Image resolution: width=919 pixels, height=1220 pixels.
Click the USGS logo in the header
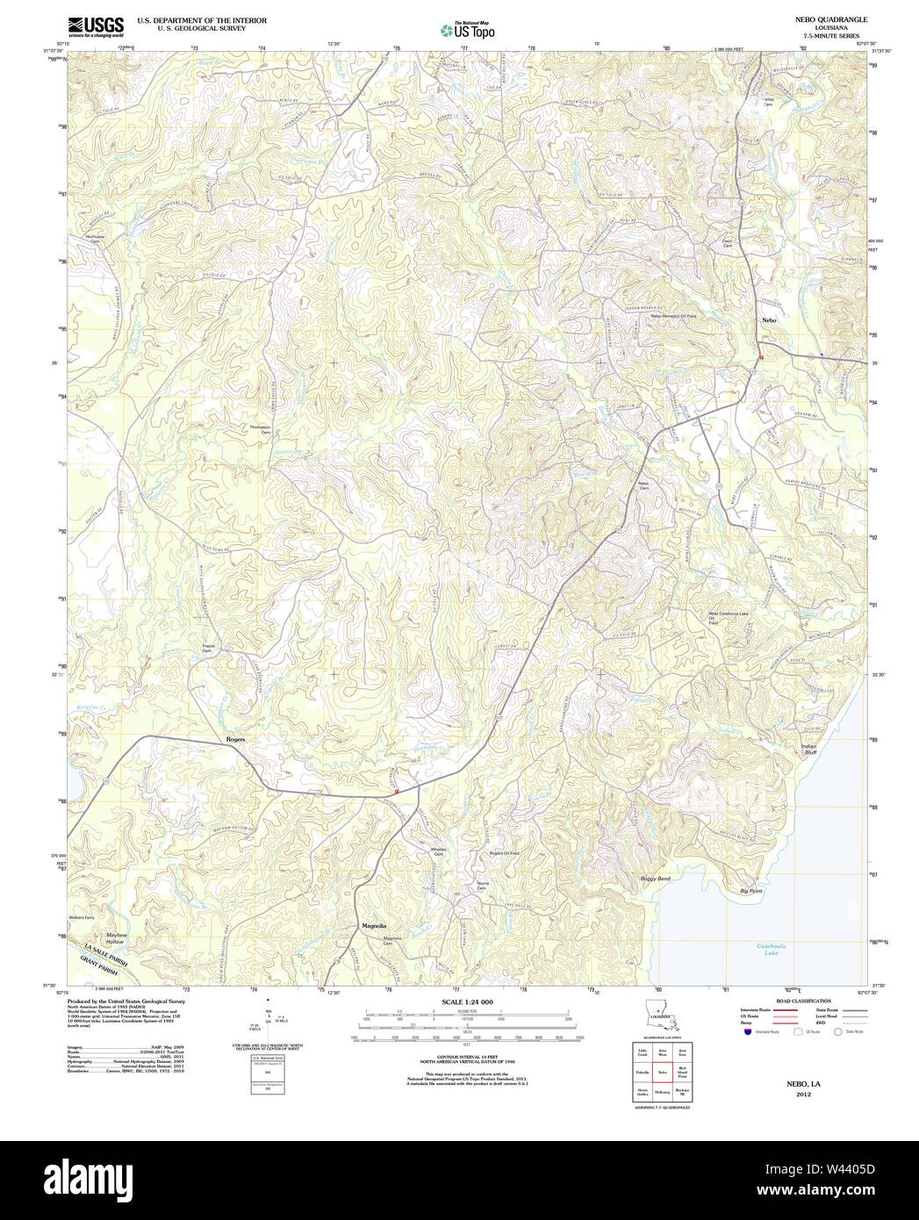point(96,25)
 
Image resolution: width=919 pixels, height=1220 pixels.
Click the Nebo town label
point(769,320)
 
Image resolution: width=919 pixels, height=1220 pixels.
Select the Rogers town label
point(235,739)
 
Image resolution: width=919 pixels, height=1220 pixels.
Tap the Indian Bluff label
point(808,750)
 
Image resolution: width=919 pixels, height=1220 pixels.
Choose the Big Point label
point(750,890)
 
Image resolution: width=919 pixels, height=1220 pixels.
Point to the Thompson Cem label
point(260,429)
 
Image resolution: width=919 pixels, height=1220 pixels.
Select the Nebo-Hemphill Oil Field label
point(673,316)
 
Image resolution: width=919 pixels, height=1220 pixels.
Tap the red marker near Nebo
point(761,357)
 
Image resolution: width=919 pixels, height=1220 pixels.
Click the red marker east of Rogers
point(397,791)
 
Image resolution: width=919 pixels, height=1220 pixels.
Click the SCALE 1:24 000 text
point(467,1002)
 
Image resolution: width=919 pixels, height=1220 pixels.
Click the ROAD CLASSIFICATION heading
point(803,1001)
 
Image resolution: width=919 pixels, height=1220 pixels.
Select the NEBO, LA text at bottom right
point(803,1084)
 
